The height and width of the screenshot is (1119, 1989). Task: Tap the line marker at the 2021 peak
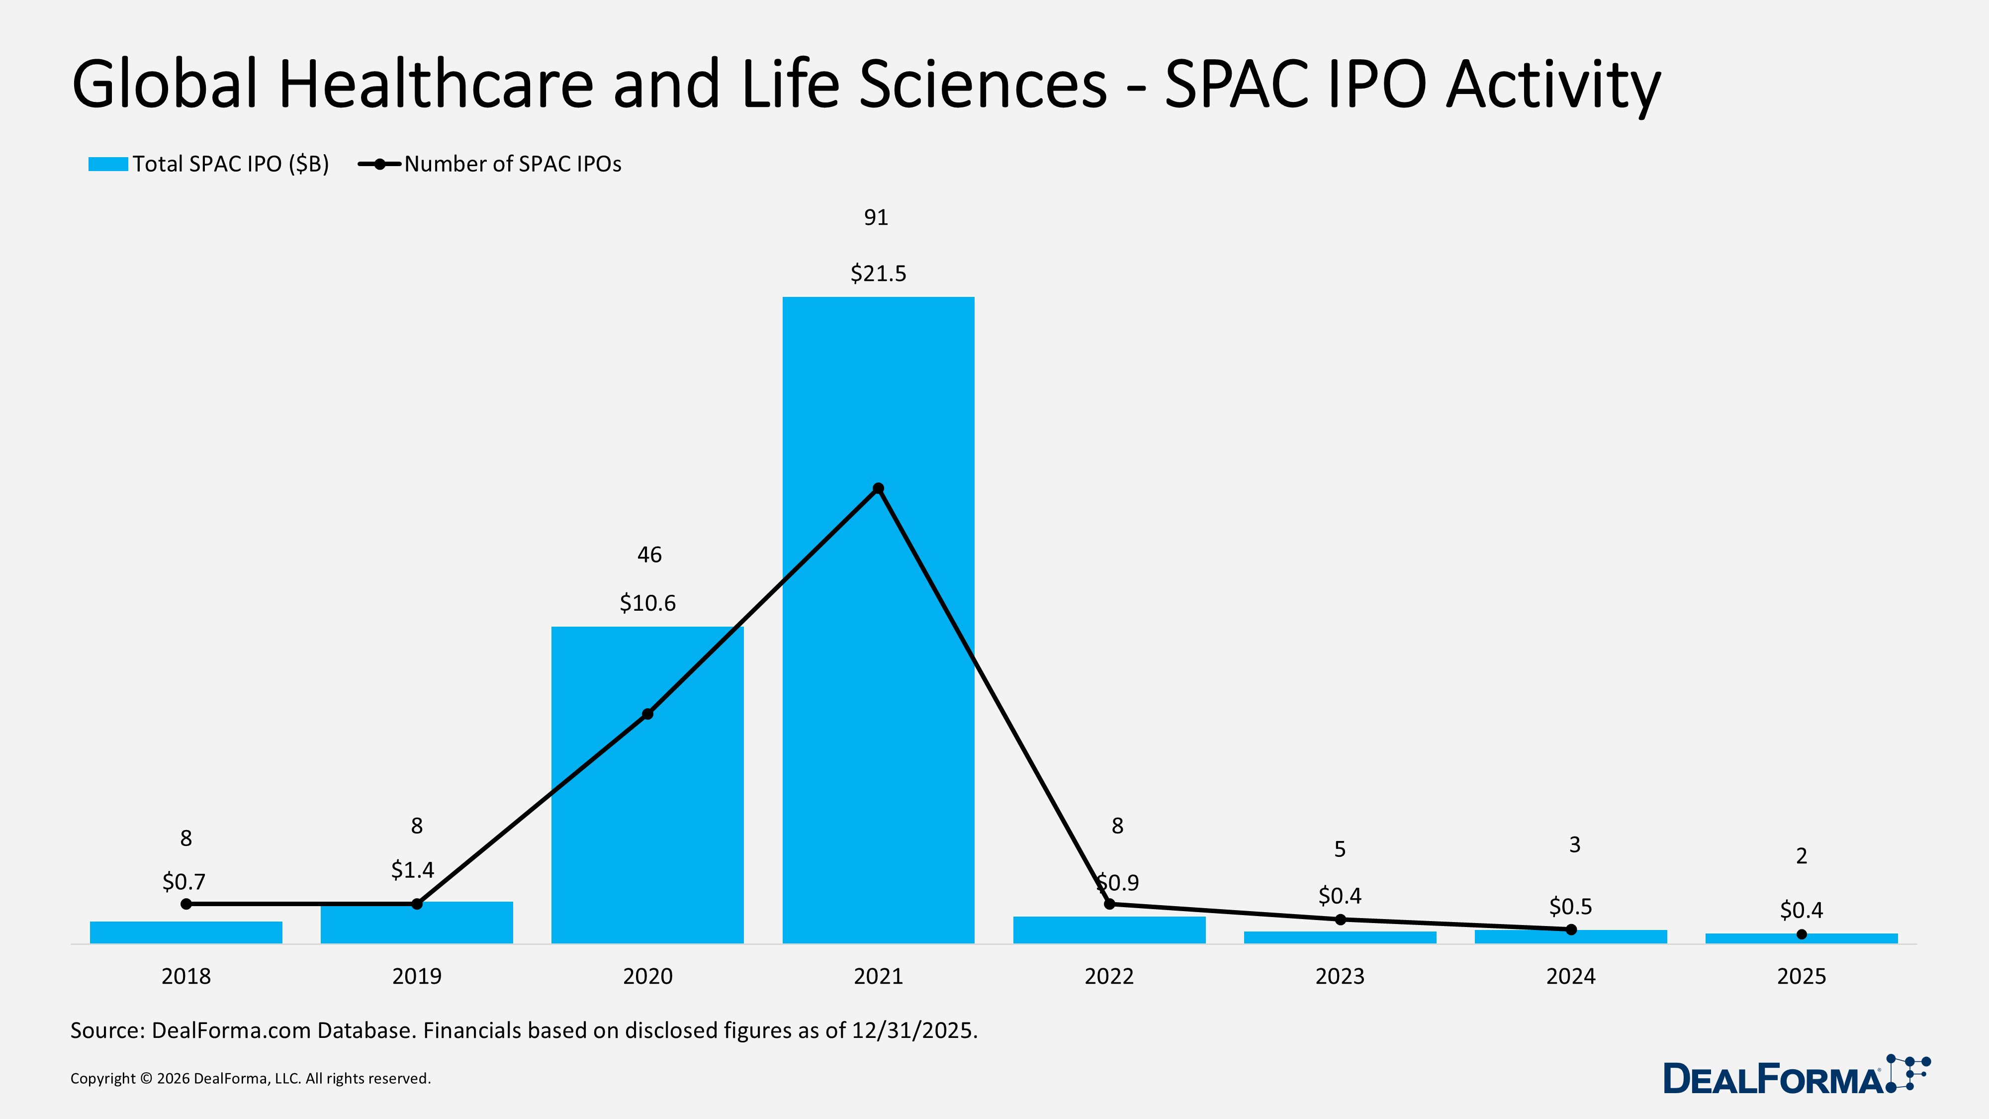(x=878, y=488)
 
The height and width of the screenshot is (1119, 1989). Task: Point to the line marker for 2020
(x=647, y=714)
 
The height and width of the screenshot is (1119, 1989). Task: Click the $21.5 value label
(x=878, y=274)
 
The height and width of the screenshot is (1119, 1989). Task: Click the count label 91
(x=876, y=218)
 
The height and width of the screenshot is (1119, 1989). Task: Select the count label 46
(x=648, y=555)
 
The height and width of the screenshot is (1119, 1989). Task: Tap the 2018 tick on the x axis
(x=186, y=976)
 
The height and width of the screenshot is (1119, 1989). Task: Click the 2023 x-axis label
(x=1340, y=976)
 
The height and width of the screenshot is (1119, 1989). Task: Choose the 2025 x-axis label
(x=1802, y=976)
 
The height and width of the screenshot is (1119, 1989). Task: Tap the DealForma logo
(x=1795, y=1076)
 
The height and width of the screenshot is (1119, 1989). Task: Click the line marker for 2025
(x=1802, y=934)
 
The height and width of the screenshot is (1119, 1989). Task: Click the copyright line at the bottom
(x=250, y=1079)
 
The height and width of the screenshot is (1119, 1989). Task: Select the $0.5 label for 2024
(x=1570, y=907)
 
